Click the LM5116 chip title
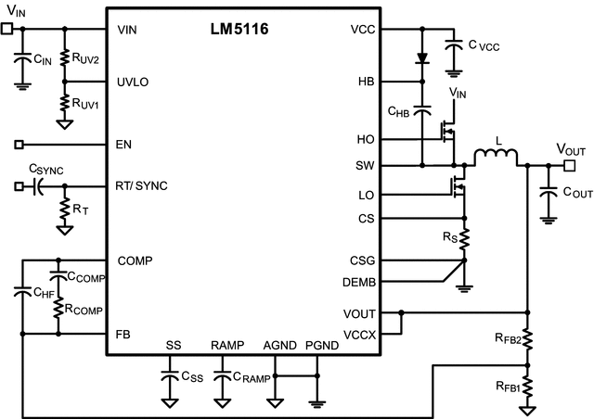pos(239,31)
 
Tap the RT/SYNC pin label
pos(143,185)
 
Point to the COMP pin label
pos(136,260)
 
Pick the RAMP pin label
pos(226,345)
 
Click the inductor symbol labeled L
pos(498,157)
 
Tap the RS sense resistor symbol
pos(464,240)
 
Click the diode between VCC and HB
pos(423,58)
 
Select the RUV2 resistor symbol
pos(64,57)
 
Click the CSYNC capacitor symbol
pos(38,186)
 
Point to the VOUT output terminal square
pos(569,165)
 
